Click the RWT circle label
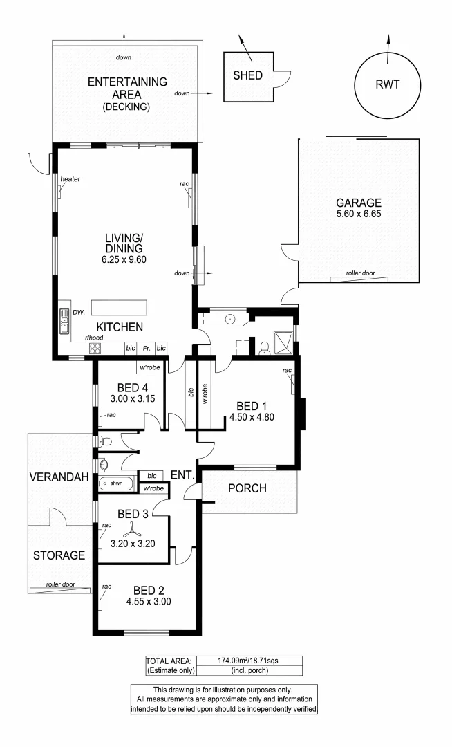pos(388,84)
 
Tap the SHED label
pos(247,75)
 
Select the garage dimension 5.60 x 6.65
pos(359,214)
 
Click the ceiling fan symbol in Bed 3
pos(131,531)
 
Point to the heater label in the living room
pos(70,179)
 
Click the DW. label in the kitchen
pos(78,312)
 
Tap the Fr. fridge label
pos(147,348)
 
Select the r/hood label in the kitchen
pos(93,338)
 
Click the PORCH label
pos(247,488)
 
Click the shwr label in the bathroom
pos(116,483)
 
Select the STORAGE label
pos(59,555)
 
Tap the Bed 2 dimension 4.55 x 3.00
pos(149,602)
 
